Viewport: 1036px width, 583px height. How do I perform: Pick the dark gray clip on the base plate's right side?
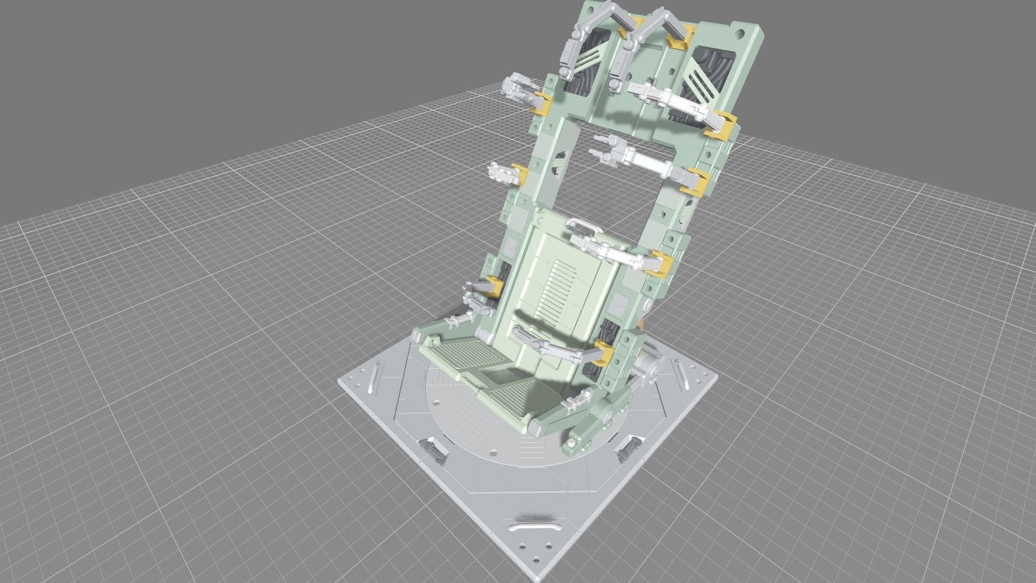click(628, 447)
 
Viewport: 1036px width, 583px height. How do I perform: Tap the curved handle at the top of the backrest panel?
click(581, 224)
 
